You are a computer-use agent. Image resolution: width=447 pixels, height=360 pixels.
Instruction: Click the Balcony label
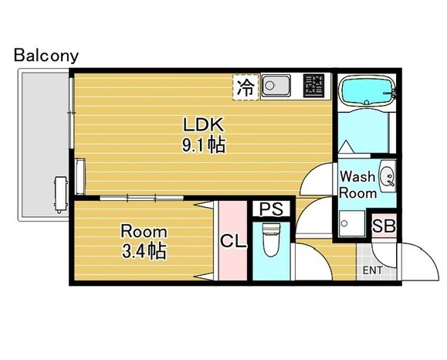tap(46, 56)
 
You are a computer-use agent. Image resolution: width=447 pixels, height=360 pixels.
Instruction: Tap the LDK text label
tap(203, 125)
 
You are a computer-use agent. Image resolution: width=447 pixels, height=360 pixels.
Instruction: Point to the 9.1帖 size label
tap(203, 145)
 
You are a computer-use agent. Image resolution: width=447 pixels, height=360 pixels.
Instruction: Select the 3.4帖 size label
tap(144, 251)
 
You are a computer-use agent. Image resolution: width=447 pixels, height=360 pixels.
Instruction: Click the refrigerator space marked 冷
tap(246, 87)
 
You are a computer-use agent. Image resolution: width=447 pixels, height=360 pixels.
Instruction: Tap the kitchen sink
tap(276, 85)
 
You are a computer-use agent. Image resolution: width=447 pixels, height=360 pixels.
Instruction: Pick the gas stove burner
tap(313, 85)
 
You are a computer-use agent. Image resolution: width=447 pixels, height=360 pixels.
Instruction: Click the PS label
tap(271, 209)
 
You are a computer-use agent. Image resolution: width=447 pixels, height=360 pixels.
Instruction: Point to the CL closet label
tap(233, 242)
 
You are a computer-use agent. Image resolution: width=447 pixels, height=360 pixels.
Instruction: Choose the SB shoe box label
tap(384, 226)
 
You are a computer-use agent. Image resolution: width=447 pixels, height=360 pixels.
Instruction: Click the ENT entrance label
tap(373, 270)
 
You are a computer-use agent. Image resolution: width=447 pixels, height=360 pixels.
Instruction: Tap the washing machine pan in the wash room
tap(352, 223)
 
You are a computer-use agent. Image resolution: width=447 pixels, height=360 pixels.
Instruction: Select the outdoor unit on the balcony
tap(61, 195)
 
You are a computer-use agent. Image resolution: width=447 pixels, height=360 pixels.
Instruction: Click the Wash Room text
tap(357, 185)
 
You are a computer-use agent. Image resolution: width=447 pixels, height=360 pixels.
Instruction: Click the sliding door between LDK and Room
tap(141, 198)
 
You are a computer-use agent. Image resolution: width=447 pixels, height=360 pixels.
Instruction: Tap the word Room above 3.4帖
tap(144, 231)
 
